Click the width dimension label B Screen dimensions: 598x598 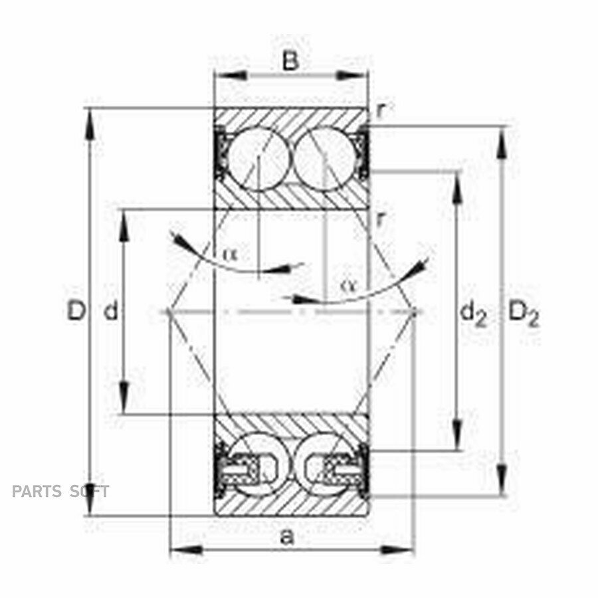coord(290,60)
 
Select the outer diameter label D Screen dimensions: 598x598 coord(76,310)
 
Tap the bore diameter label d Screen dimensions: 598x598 coord(111,310)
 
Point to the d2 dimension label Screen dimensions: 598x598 coord(473,314)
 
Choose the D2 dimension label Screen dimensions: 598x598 coord(524,314)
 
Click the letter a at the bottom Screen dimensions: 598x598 coord(287,538)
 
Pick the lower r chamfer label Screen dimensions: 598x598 coord(380,219)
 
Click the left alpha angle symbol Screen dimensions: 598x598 coord(230,253)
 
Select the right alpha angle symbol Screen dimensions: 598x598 coord(348,285)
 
